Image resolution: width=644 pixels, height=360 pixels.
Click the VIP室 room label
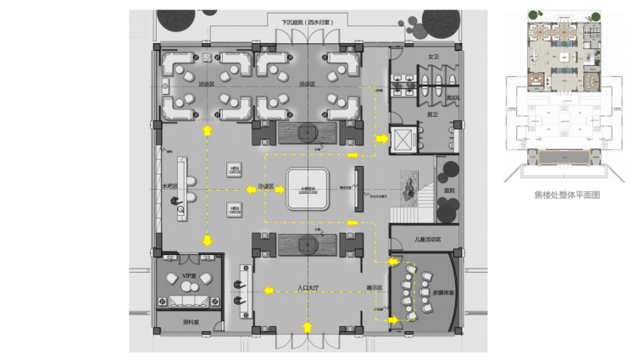(x=189, y=276)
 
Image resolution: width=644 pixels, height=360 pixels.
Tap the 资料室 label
(x=191, y=323)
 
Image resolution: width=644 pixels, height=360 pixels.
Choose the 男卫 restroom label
(x=431, y=114)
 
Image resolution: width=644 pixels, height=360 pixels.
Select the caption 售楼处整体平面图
(x=567, y=194)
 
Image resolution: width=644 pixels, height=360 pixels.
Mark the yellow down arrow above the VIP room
(x=206, y=241)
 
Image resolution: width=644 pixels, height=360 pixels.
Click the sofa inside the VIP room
(x=187, y=302)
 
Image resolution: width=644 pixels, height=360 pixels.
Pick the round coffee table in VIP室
(x=188, y=289)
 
